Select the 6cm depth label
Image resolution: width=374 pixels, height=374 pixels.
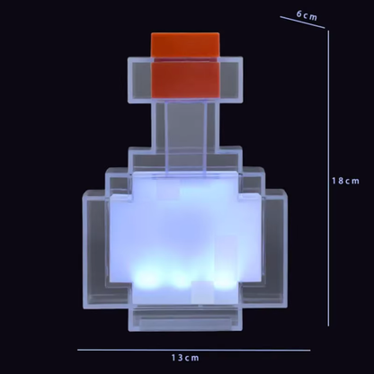(x=308, y=15)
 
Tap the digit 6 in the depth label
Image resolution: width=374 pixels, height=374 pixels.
(x=299, y=14)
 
